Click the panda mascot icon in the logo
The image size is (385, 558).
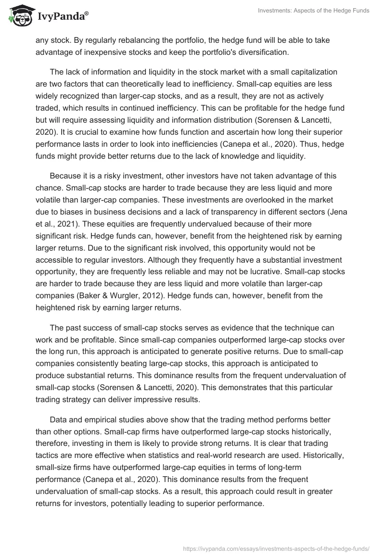click(x=19, y=16)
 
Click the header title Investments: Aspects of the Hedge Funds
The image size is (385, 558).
click(x=313, y=11)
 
